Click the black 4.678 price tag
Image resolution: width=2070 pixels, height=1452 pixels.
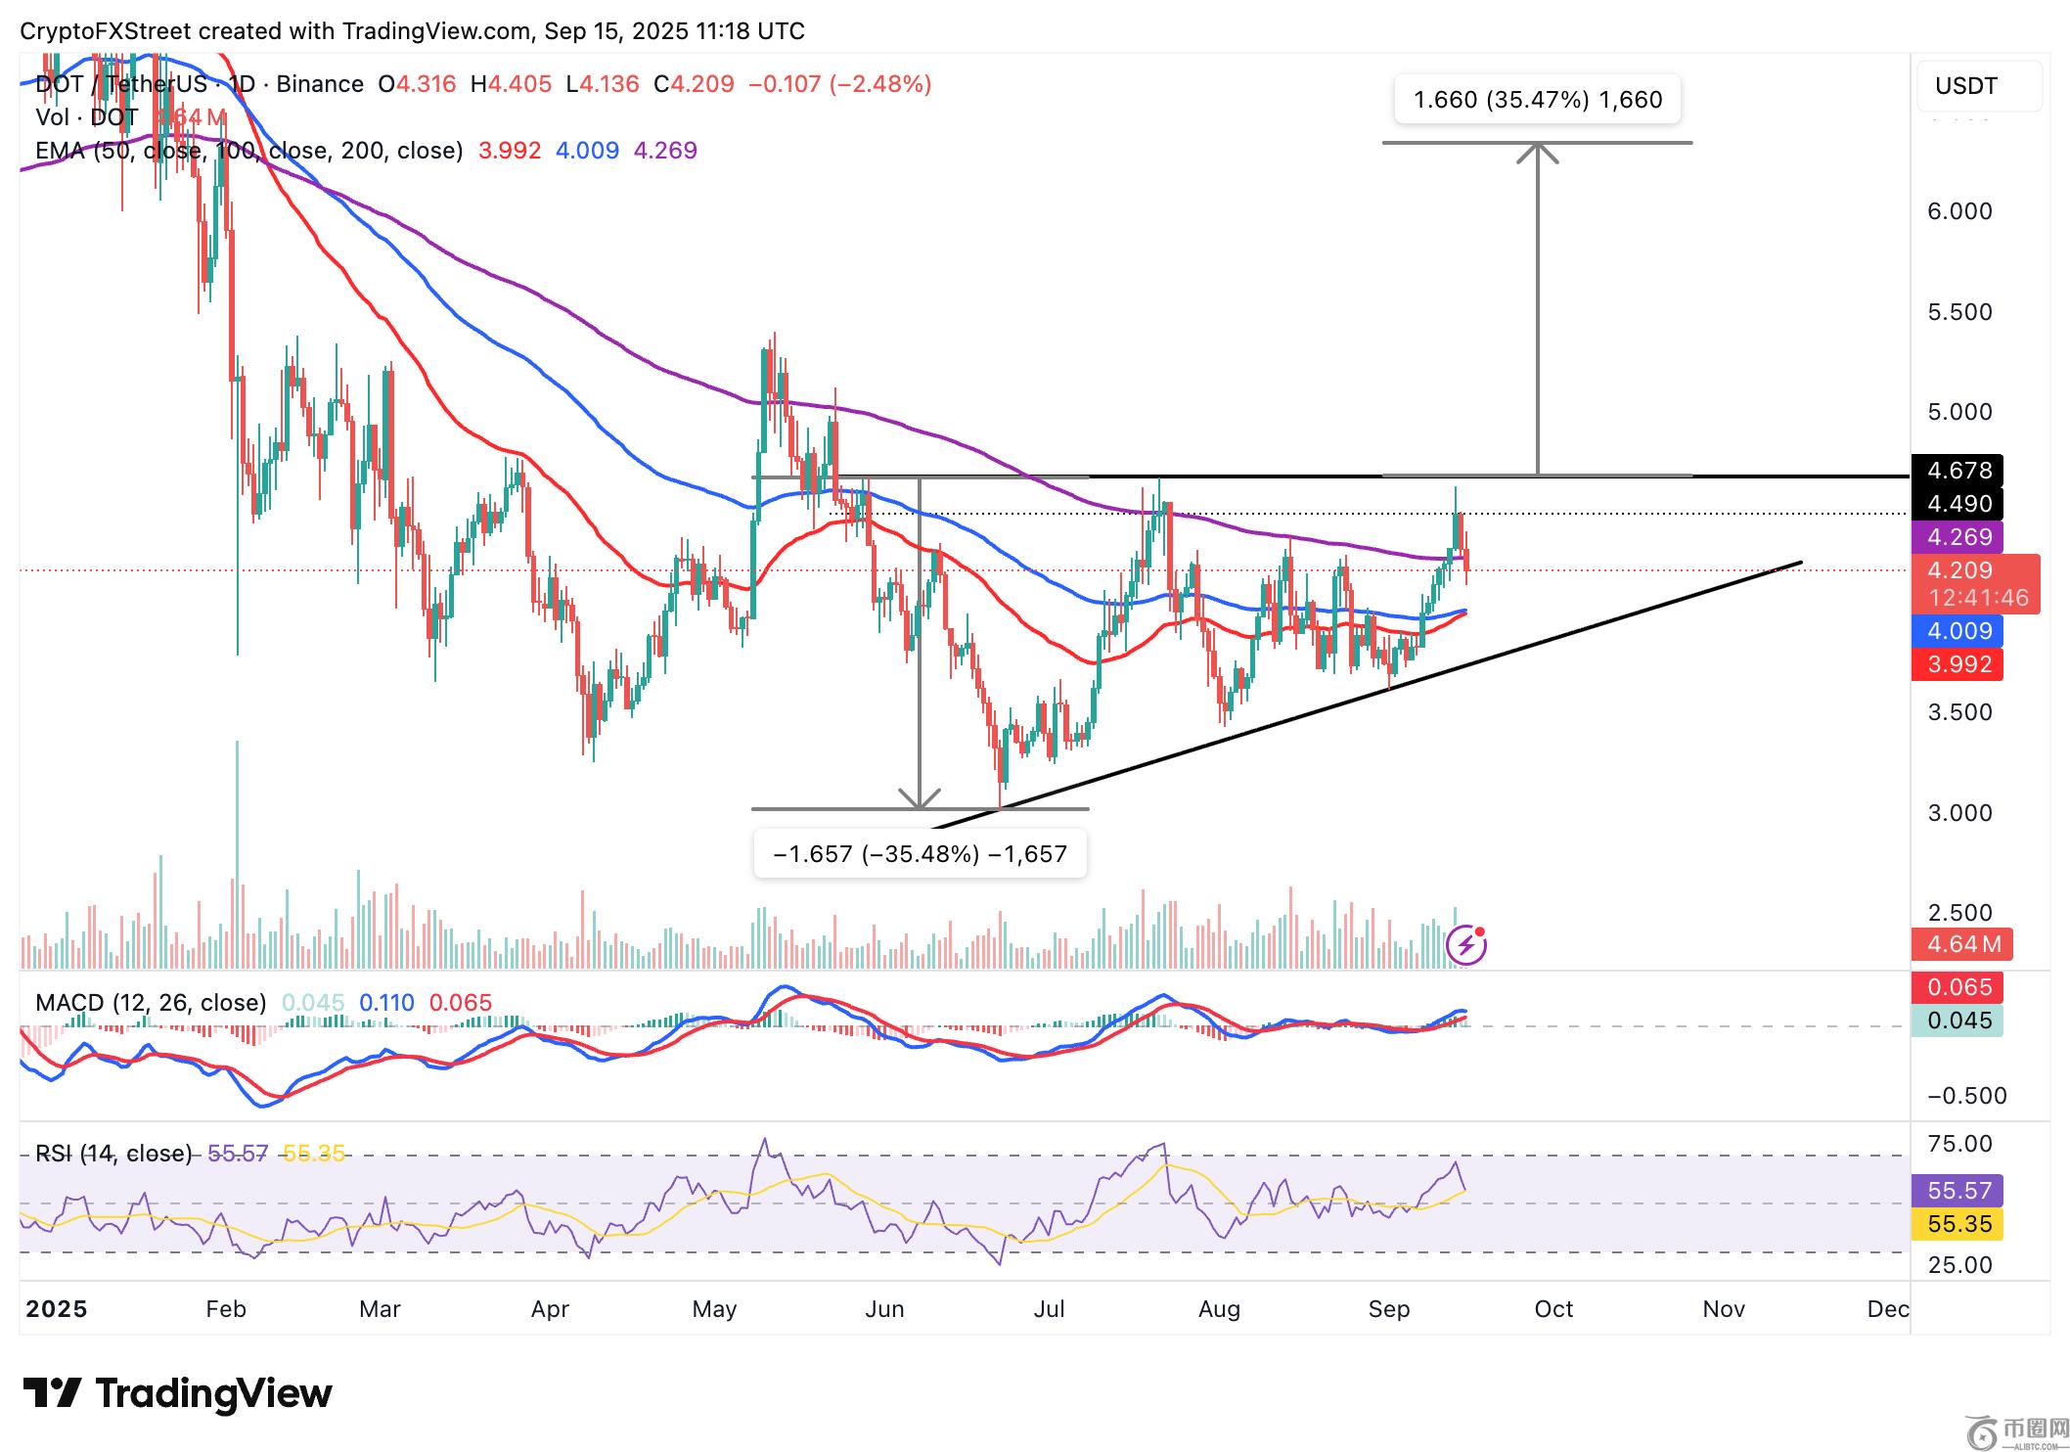point(1957,471)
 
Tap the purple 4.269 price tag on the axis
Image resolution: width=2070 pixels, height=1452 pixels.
point(1957,537)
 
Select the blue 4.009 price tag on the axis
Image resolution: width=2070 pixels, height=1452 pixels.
point(1957,631)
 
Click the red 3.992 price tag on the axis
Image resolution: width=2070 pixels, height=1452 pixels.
point(1957,664)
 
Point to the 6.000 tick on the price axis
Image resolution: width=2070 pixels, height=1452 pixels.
point(1958,211)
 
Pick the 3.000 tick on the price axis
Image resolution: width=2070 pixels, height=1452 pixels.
point(1958,812)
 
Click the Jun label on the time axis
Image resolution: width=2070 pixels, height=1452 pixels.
point(884,1309)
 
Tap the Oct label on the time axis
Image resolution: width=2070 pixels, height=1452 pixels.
point(1553,1309)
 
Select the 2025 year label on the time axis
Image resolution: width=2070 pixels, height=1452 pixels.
point(57,1309)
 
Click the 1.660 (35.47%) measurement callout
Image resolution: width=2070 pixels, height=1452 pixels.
point(1537,100)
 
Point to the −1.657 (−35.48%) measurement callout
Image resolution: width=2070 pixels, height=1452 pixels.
point(920,854)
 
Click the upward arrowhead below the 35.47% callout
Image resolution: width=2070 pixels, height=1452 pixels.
point(1538,151)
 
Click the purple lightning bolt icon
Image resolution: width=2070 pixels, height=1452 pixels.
point(1466,944)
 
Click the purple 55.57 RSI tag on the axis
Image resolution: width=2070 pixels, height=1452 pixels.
point(1957,1191)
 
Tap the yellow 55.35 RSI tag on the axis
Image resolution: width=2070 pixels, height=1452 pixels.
point(1957,1224)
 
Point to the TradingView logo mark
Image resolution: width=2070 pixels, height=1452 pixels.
point(52,1392)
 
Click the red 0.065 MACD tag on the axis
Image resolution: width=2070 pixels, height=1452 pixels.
point(1957,987)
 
